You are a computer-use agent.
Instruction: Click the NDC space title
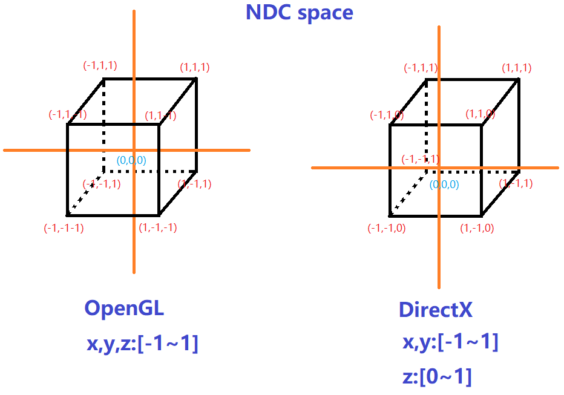point(299,13)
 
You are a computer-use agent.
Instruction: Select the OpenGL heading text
point(124,308)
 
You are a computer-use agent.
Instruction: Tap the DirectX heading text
point(435,310)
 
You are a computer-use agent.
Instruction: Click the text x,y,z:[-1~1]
point(143,344)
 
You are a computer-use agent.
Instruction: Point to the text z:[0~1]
point(437,376)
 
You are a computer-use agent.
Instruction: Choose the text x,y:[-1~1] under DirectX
point(451,342)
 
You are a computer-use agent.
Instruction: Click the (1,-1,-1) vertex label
point(159,228)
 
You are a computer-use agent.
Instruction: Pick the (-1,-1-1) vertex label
point(64,228)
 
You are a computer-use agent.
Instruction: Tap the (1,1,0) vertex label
point(480,114)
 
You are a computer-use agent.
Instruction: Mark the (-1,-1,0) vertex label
point(386,228)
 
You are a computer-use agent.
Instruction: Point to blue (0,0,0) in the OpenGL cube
point(131,160)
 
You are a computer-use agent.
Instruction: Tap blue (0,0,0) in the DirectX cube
point(444,184)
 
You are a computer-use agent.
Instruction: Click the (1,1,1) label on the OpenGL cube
point(195,67)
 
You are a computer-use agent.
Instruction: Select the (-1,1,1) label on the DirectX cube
point(421,69)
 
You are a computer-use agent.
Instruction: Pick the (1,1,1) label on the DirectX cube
point(517,68)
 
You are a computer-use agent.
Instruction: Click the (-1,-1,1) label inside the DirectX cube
point(421,159)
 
